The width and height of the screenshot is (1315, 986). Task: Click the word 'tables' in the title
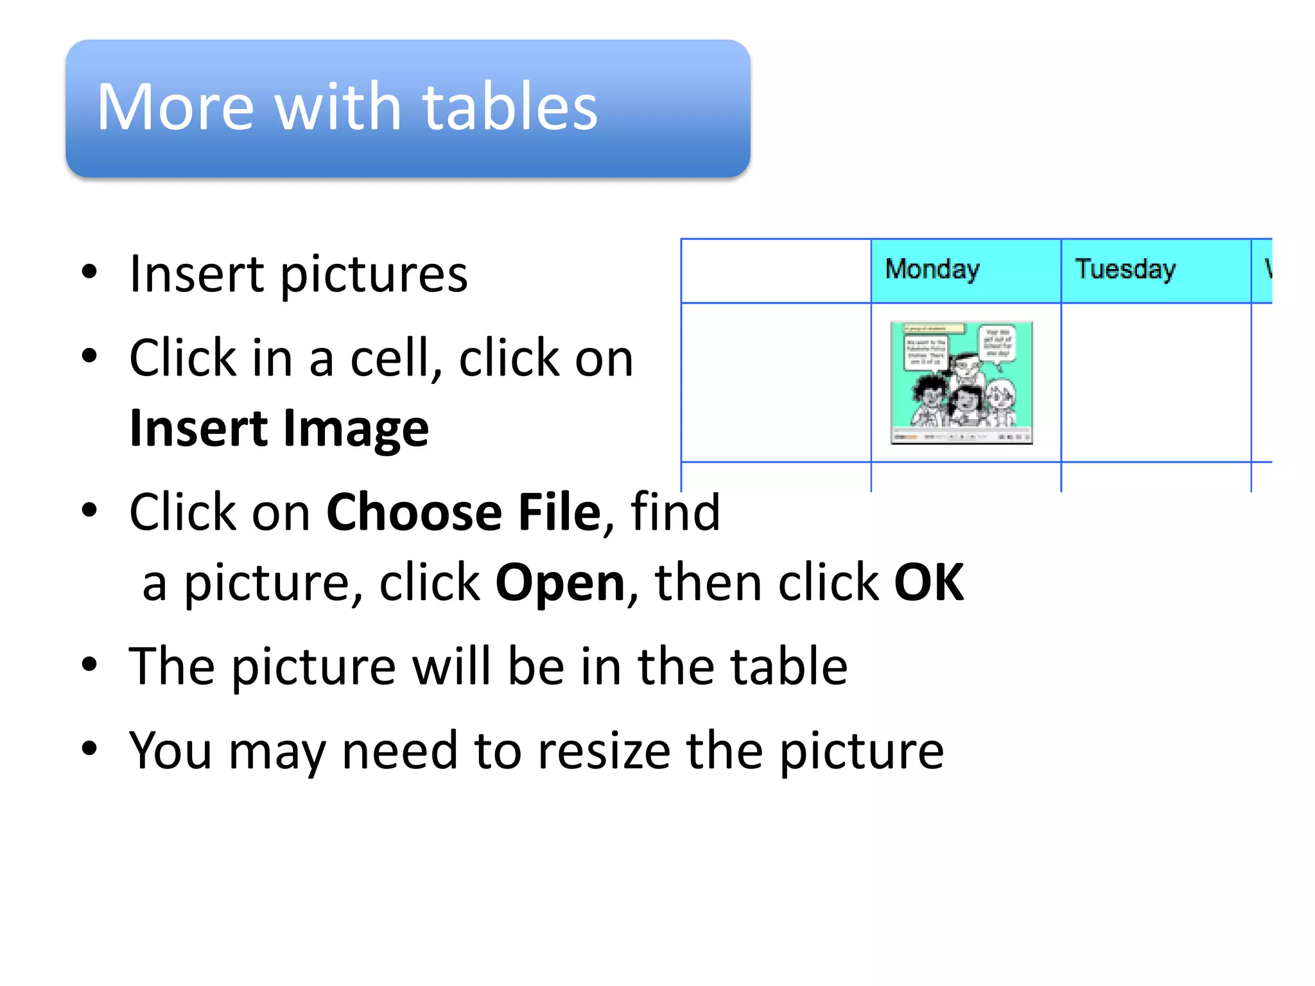tap(510, 107)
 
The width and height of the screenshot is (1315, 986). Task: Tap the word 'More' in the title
tap(175, 107)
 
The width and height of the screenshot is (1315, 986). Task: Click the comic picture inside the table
tap(961, 383)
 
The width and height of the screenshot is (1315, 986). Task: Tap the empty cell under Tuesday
tap(1156, 383)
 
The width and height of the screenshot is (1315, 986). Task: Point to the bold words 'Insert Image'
tap(279, 429)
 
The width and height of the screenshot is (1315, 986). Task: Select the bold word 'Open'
tap(561, 583)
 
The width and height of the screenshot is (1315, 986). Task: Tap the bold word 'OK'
tap(928, 583)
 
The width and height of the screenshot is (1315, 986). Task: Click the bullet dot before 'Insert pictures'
tap(89, 272)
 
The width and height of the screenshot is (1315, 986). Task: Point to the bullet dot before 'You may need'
tap(89, 748)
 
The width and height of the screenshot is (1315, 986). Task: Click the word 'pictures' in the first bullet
tap(374, 275)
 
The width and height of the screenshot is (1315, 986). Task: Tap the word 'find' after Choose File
tap(675, 512)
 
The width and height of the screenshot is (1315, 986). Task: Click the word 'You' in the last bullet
tap(170, 750)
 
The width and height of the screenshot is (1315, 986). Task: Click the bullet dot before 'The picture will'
tap(89, 664)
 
